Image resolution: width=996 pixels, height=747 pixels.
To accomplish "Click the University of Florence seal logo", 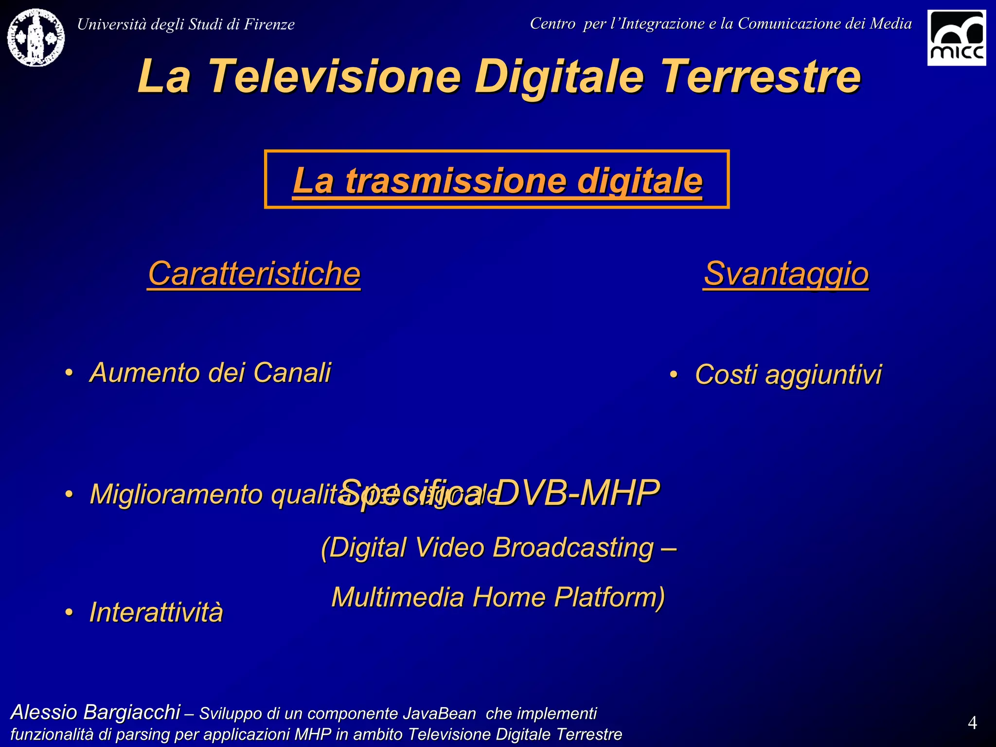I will pos(36,37).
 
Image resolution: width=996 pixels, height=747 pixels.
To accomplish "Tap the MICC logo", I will pos(956,37).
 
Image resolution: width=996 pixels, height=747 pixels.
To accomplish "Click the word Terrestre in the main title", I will pos(761,76).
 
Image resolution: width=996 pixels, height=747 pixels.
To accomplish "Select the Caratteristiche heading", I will pos(254,273).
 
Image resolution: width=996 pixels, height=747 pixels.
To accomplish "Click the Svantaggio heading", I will pos(786,273).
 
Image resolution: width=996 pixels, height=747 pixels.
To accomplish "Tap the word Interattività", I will pos(156,612).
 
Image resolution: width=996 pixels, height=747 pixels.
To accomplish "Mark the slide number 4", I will pos(972,723).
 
